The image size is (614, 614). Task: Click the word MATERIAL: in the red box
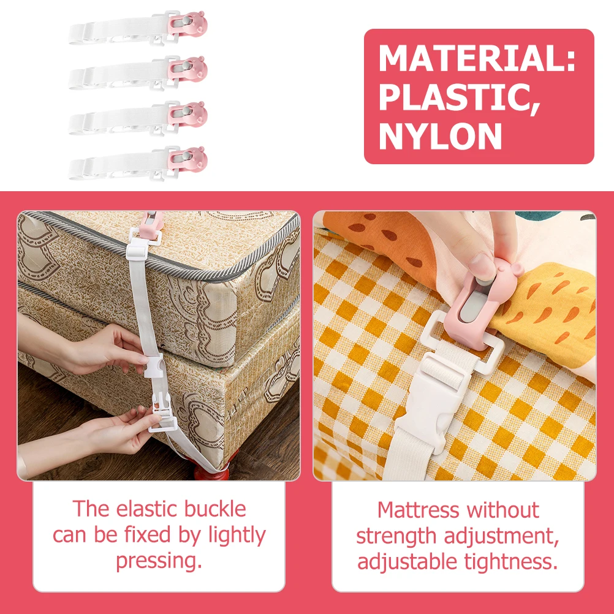point(477,58)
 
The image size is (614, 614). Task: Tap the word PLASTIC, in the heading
point(459,97)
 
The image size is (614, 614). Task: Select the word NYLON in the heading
point(440,135)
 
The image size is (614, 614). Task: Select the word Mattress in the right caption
point(418,510)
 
